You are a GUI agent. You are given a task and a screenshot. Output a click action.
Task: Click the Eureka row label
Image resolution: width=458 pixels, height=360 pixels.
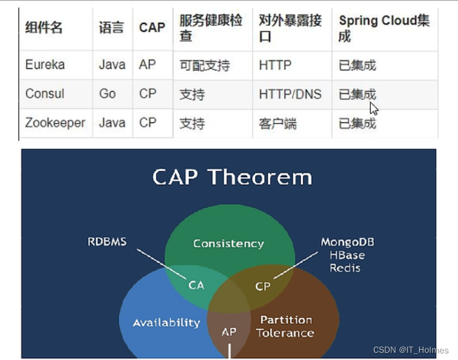[x=45, y=65]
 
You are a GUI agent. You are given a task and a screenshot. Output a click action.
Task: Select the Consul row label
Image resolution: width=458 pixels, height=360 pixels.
[x=44, y=94]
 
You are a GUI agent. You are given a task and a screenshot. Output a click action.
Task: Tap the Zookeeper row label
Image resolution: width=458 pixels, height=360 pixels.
[x=55, y=123]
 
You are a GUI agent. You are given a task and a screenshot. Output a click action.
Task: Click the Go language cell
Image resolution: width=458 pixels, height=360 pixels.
[x=107, y=94]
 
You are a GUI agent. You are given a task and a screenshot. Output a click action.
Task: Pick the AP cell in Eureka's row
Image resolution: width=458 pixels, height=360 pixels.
[x=148, y=65]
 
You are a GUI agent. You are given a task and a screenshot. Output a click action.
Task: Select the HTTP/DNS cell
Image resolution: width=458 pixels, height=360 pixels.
[x=290, y=94]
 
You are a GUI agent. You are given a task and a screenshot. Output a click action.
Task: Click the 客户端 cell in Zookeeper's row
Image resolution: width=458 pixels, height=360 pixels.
[x=277, y=124]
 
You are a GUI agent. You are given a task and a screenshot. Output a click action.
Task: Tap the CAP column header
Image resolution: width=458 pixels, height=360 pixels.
[x=152, y=28]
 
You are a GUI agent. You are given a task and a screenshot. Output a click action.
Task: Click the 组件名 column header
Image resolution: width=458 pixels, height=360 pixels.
[x=44, y=28]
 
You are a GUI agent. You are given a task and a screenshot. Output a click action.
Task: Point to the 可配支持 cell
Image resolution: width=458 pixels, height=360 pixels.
[x=205, y=65]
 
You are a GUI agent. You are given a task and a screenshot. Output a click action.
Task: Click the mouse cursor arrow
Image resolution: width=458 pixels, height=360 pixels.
[x=374, y=109]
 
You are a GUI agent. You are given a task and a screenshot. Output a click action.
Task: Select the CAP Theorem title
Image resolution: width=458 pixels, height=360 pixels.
[x=232, y=177]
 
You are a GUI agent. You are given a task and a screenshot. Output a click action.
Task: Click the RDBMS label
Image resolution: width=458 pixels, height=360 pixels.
[x=107, y=242]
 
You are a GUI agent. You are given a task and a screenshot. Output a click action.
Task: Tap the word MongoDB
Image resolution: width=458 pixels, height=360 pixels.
[x=348, y=242]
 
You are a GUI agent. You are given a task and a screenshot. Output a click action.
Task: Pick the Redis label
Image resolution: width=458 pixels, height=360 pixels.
[x=345, y=268]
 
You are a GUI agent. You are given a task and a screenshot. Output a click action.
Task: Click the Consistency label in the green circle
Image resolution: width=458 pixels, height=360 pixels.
[x=229, y=244]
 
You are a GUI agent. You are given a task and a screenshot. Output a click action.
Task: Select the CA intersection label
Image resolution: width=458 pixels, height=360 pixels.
[x=196, y=285]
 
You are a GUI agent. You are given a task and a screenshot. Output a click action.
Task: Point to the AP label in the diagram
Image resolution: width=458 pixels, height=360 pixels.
[x=229, y=332]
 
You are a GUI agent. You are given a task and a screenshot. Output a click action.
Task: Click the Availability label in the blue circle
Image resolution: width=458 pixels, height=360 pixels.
[x=166, y=323]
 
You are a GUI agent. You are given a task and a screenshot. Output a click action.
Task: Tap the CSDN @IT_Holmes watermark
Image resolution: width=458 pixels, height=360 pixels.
[x=411, y=350]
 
